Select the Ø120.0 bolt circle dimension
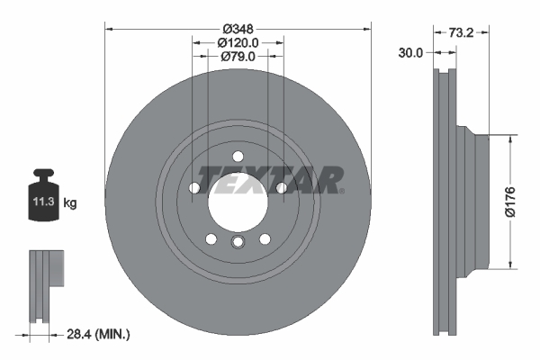pyautogui.click(x=238, y=42)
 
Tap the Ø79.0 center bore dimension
pyautogui.click(x=238, y=57)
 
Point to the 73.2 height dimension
pyautogui.click(x=462, y=32)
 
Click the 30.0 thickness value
pyautogui.click(x=410, y=53)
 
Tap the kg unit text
pyautogui.click(x=69, y=203)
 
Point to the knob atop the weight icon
pyautogui.click(x=42, y=175)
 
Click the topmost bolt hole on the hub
pyautogui.click(x=238, y=157)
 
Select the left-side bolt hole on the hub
pyautogui.click(x=194, y=188)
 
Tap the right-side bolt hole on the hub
pyautogui.click(x=282, y=187)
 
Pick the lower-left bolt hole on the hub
pyautogui.click(x=211, y=239)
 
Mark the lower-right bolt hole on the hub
pyautogui.click(x=265, y=239)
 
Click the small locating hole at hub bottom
pyautogui.click(x=238, y=243)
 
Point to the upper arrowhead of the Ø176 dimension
pyautogui.click(x=512, y=140)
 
